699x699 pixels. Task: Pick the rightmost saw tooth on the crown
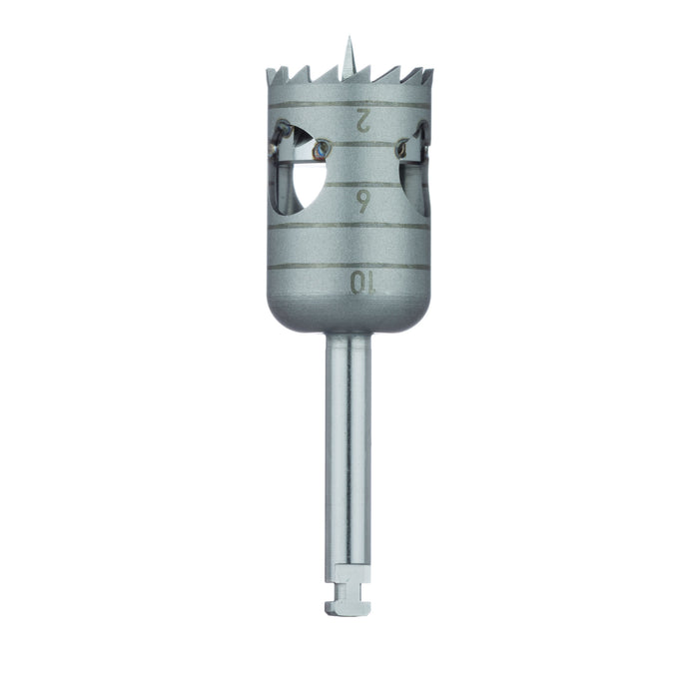[x=428, y=74]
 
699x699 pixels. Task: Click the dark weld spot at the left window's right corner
[x=320, y=149]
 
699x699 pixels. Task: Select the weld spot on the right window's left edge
[x=401, y=150]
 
